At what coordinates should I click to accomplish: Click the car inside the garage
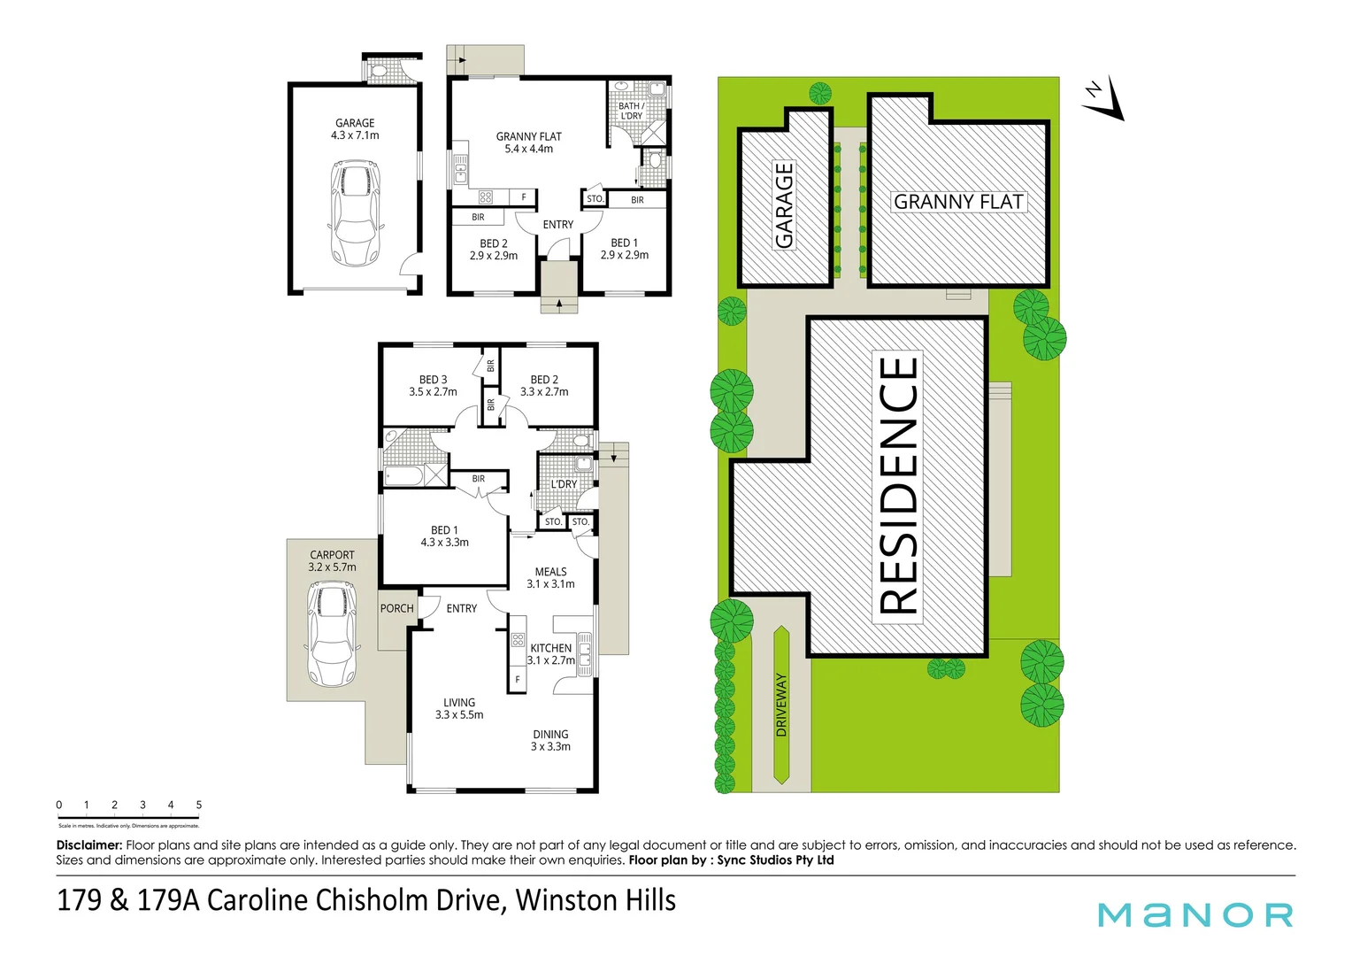pyautogui.click(x=354, y=213)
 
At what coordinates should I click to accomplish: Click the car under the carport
pyautogui.click(x=331, y=634)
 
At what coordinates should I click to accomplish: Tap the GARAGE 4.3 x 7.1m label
pyautogui.click(x=355, y=129)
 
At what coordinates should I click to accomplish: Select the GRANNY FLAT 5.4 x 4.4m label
pyautogui.click(x=528, y=143)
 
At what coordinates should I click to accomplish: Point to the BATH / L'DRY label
pyautogui.click(x=631, y=111)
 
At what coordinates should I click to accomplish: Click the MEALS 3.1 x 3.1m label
pyautogui.click(x=550, y=578)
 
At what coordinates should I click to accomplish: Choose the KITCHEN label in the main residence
pyautogui.click(x=550, y=649)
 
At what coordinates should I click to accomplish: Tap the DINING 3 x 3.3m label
pyautogui.click(x=550, y=740)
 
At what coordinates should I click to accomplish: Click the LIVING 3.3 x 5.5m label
pyautogui.click(x=459, y=708)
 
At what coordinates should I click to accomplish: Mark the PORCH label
pyautogui.click(x=396, y=608)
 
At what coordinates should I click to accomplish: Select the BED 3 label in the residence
pyautogui.click(x=433, y=385)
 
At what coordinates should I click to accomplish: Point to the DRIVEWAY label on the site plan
pyautogui.click(x=780, y=705)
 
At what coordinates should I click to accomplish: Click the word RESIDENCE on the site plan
pyautogui.click(x=899, y=486)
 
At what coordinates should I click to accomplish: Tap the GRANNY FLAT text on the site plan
pyautogui.click(x=958, y=202)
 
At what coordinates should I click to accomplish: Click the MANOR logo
pyautogui.click(x=1195, y=914)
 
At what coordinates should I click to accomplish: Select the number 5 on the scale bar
pyautogui.click(x=199, y=805)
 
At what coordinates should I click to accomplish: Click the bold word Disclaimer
pyautogui.click(x=89, y=845)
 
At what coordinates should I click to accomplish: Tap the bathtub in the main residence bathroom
pyautogui.click(x=404, y=476)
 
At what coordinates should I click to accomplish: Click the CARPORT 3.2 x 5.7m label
pyautogui.click(x=332, y=561)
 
